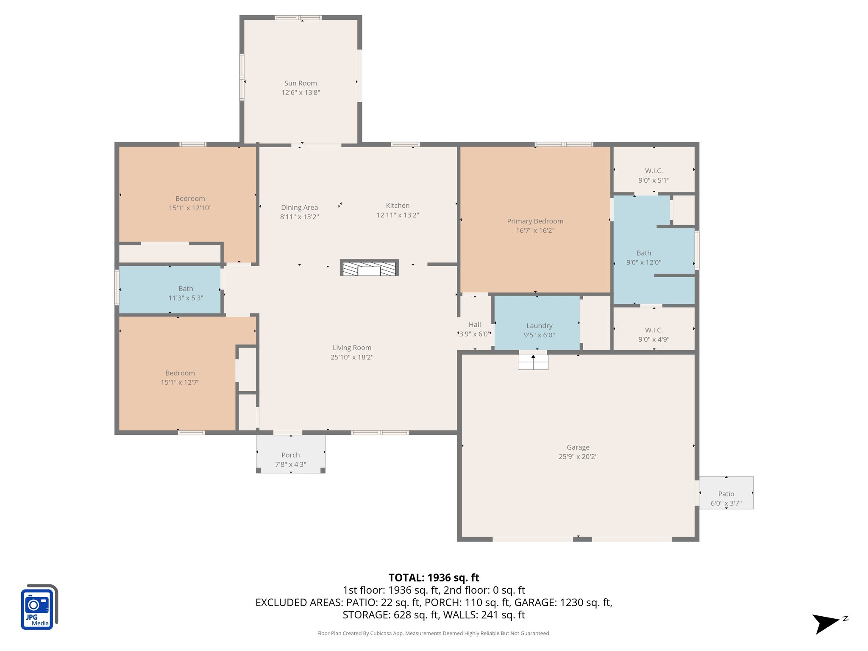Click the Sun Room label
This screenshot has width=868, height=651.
pyautogui.click(x=300, y=83)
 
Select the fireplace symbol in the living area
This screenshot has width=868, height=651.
pyautogui.click(x=369, y=268)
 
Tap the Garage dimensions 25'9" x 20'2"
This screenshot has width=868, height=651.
pyautogui.click(x=578, y=456)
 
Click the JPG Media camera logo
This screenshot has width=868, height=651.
pyautogui.click(x=39, y=607)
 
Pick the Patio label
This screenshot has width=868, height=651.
pyautogui.click(x=726, y=494)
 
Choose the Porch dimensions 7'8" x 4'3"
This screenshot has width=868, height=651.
pyautogui.click(x=290, y=465)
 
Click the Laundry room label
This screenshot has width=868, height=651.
pyautogui.click(x=539, y=325)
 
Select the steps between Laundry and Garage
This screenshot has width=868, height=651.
pyautogui.click(x=533, y=362)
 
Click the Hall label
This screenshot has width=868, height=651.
pyautogui.click(x=475, y=325)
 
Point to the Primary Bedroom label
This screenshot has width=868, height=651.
pyautogui.click(x=535, y=221)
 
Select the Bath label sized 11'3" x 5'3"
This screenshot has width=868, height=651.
pyautogui.click(x=186, y=289)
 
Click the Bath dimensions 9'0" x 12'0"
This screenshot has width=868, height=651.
pyautogui.click(x=643, y=262)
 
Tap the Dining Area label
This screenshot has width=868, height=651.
pyautogui.click(x=299, y=208)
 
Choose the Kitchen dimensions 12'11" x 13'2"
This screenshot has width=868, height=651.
pyautogui.click(x=398, y=215)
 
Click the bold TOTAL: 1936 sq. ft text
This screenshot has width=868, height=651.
pyautogui.click(x=434, y=578)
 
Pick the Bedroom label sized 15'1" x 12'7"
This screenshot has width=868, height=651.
pyautogui.click(x=180, y=373)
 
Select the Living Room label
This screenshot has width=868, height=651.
pyautogui.click(x=352, y=348)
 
